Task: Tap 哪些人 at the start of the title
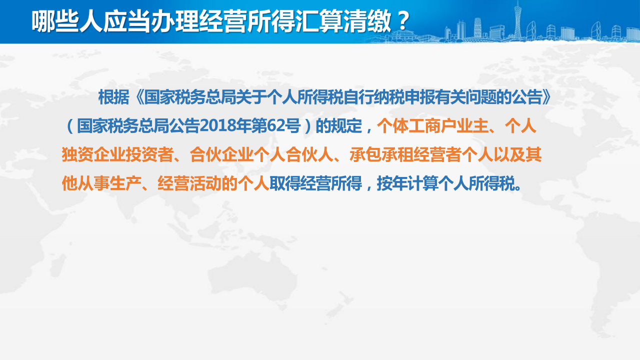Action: pyautogui.click(x=67, y=21)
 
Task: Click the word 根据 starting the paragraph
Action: pyautogui.click(x=113, y=97)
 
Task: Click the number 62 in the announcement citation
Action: pyautogui.click(x=276, y=125)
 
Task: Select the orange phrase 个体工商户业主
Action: pyautogui.click(x=432, y=125)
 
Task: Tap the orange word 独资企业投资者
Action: pyautogui.click(x=117, y=154)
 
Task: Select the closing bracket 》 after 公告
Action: pyautogui.click(x=546, y=97)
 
